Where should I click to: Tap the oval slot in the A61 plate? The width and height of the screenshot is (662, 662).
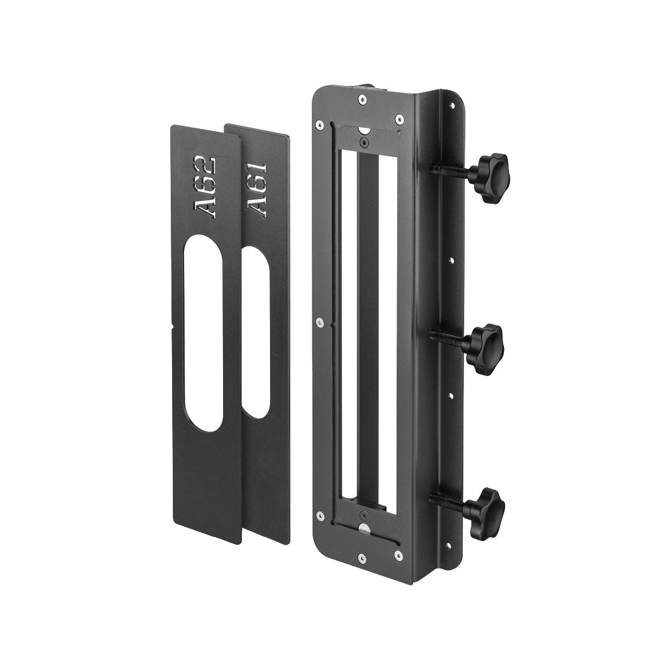(x=256, y=332)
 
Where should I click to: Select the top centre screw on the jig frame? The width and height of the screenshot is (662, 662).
(x=362, y=100)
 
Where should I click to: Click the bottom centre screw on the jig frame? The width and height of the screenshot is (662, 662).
(x=362, y=558)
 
